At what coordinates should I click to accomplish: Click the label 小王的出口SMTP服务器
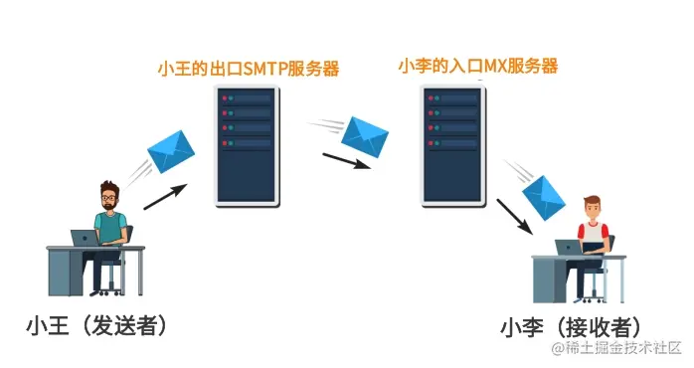[x=249, y=69]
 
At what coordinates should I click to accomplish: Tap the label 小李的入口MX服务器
[x=477, y=67]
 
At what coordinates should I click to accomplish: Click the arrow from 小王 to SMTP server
[x=164, y=196]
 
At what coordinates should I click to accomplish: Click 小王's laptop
[x=86, y=238]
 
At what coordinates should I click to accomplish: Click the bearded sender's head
[x=110, y=197]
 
